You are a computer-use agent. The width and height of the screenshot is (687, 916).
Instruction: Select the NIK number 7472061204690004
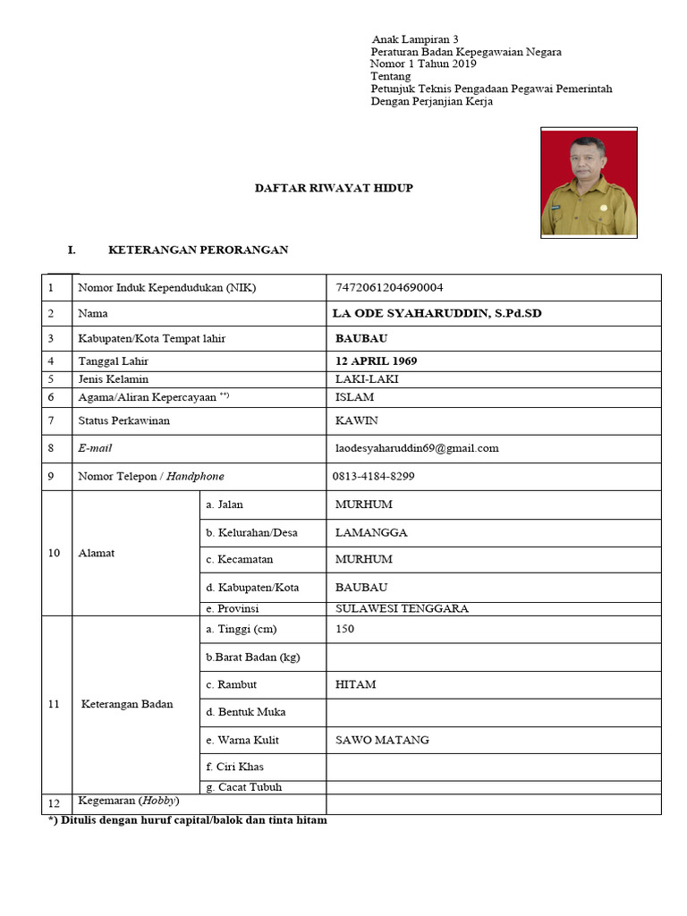pos(389,287)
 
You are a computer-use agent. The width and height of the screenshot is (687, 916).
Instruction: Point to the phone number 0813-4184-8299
pos(373,476)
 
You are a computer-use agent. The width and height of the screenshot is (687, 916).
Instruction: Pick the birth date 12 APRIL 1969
pos(376,361)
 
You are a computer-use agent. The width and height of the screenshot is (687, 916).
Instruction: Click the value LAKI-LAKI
pos(367,379)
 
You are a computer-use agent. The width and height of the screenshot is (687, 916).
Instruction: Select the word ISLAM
pos(354,396)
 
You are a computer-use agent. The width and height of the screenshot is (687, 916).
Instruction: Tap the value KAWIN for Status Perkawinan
pos(356,420)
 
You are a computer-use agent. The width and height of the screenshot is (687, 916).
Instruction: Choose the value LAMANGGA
pos(371,532)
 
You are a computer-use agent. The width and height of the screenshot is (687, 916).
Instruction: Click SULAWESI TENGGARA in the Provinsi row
pos(402,608)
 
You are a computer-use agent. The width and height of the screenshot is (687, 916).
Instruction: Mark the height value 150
pos(344,629)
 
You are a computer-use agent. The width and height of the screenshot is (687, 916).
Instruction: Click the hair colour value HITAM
pos(355,684)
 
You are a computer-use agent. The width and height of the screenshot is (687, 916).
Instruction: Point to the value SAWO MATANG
pos(382,740)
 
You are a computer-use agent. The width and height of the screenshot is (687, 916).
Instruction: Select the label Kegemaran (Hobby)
pos(129,800)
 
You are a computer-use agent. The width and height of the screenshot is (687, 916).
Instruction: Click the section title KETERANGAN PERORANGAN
pos(198,250)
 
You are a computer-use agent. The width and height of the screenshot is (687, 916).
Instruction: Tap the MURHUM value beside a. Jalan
pos(363,505)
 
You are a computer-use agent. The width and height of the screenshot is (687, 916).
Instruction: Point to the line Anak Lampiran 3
pos(414,40)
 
